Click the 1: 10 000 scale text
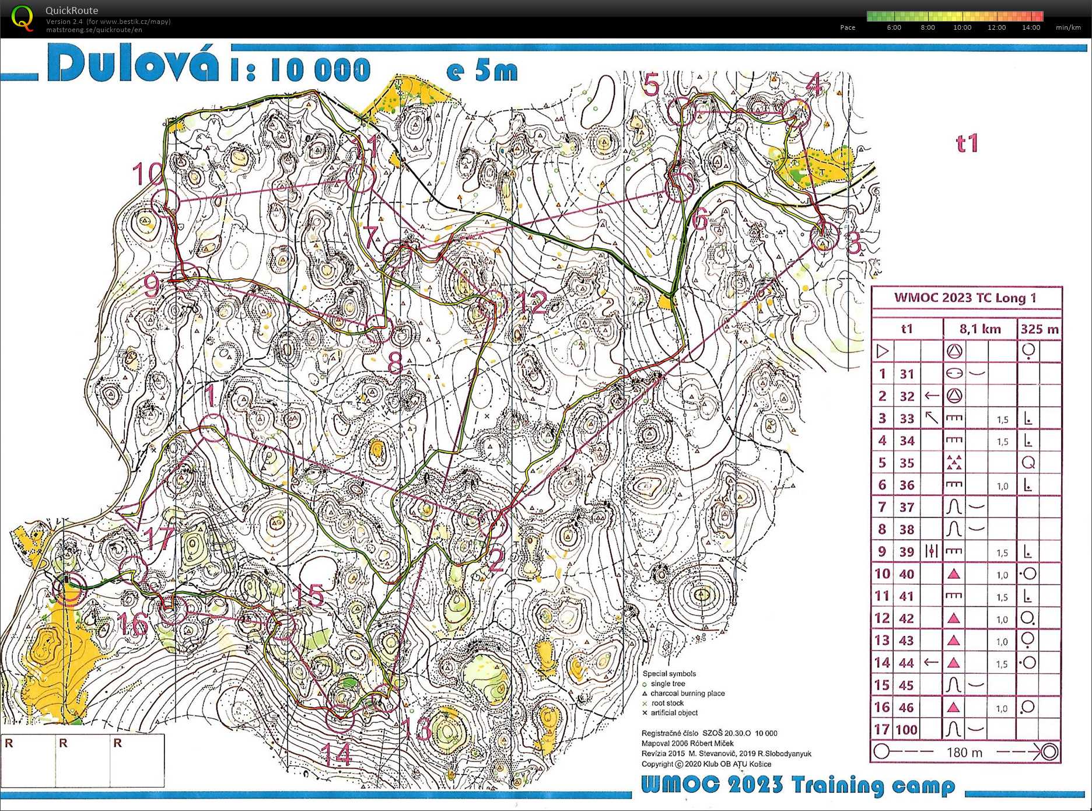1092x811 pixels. pyautogui.click(x=300, y=70)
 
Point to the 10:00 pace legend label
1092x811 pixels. pyautogui.click(x=962, y=27)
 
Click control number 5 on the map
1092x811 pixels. pyautogui.click(x=652, y=85)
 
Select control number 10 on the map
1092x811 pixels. pyautogui.click(x=147, y=173)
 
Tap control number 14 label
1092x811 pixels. pyautogui.click(x=337, y=754)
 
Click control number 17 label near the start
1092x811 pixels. pyautogui.click(x=158, y=538)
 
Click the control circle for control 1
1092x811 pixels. pyautogui.click(x=213, y=428)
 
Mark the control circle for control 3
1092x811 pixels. pyautogui.click(x=824, y=236)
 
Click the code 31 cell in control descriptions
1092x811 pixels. pyautogui.click(x=907, y=374)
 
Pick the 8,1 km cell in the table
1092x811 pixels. pyautogui.click(x=980, y=329)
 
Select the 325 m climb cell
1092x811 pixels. pyautogui.click(x=1039, y=329)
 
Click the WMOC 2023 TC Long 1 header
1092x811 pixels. pyautogui.click(x=965, y=298)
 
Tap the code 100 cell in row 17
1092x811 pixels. pyautogui.click(x=907, y=729)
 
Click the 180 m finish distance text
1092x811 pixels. pyautogui.click(x=964, y=752)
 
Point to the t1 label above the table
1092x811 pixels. pyautogui.click(x=967, y=144)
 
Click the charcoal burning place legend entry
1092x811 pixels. pyautogui.click(x=687, y=693)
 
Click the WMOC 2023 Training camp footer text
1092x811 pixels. pyautogui.click(x=797, y=785)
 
